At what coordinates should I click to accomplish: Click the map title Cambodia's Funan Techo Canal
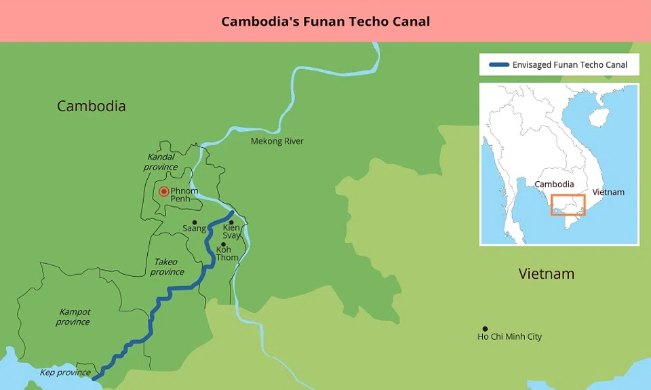(325, 21)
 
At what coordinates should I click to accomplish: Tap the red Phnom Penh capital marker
(163, 192)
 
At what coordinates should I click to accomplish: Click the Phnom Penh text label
(184, 195)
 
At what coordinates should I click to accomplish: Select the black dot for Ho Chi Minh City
(484, 329)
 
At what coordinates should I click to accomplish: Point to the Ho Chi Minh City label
(509, 337)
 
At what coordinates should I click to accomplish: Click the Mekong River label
(277, 141)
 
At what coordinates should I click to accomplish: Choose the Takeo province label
(166, 267)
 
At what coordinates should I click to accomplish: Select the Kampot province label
(73, 317)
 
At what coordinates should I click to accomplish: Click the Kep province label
(64, 372)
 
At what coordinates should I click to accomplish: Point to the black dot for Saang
(195, 222)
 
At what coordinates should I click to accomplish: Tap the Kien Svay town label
(231, 231)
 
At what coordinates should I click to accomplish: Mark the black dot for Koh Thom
(223, 244)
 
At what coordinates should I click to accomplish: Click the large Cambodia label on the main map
(91, 106)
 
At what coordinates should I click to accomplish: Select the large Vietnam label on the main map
(546, 274)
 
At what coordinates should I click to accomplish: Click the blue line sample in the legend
(498, 65)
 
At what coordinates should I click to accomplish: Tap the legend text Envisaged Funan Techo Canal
(570, 65)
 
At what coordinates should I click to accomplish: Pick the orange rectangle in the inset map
(568, 206)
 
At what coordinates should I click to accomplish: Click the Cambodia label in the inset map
(554, 184)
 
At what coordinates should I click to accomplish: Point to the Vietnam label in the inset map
(608, 192)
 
